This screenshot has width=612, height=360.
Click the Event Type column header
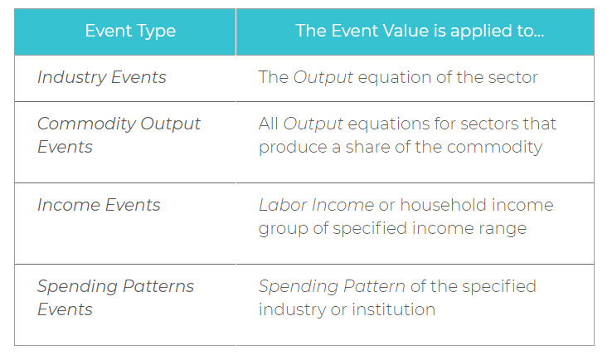click(x=130, y=32)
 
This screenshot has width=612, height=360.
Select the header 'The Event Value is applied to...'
click(x=420, y=31)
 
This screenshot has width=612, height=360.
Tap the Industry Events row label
click(x=102, y=77)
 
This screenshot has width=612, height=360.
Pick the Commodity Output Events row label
click(x=119, y=135)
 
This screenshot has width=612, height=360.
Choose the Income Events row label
click(x=99, y=205)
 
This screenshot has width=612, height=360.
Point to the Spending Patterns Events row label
click(x=115, y=298)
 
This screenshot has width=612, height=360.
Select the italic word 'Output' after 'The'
click(x=323, y=77)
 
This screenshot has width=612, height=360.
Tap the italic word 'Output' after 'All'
click(x=313, y=124)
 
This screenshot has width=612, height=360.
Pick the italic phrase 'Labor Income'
click(x=317, y=205)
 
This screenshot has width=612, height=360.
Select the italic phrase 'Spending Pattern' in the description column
click(x=333, y=286)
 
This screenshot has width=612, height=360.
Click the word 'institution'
click(x=393, y=309)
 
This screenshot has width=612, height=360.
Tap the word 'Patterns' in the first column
click(x=158, y=286)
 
